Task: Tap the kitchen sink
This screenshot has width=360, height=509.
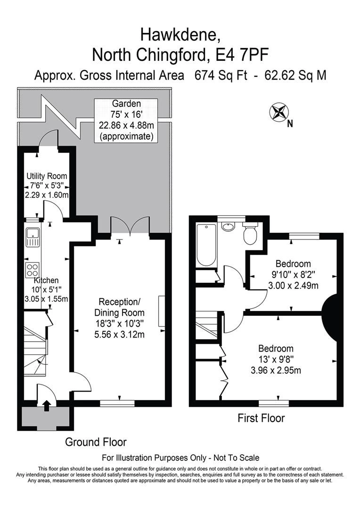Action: [x=33, y=237]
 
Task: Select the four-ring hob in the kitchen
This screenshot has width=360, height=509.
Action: [x=33, y=270]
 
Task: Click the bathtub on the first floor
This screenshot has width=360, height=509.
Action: [x=206, y=245]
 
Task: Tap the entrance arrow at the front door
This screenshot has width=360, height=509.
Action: [x=46, y=405]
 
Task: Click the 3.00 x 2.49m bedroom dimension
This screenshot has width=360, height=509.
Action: [x=293, y=285]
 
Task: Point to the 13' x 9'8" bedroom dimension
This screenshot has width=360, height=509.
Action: [x=276, y=360]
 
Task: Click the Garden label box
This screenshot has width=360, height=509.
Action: [x=126, y=120]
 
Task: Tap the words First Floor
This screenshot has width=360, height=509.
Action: [x=261, y=418]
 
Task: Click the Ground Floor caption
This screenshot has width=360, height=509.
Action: [x=96, y=442]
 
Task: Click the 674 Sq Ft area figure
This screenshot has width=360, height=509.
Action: [x=221, y=75]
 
